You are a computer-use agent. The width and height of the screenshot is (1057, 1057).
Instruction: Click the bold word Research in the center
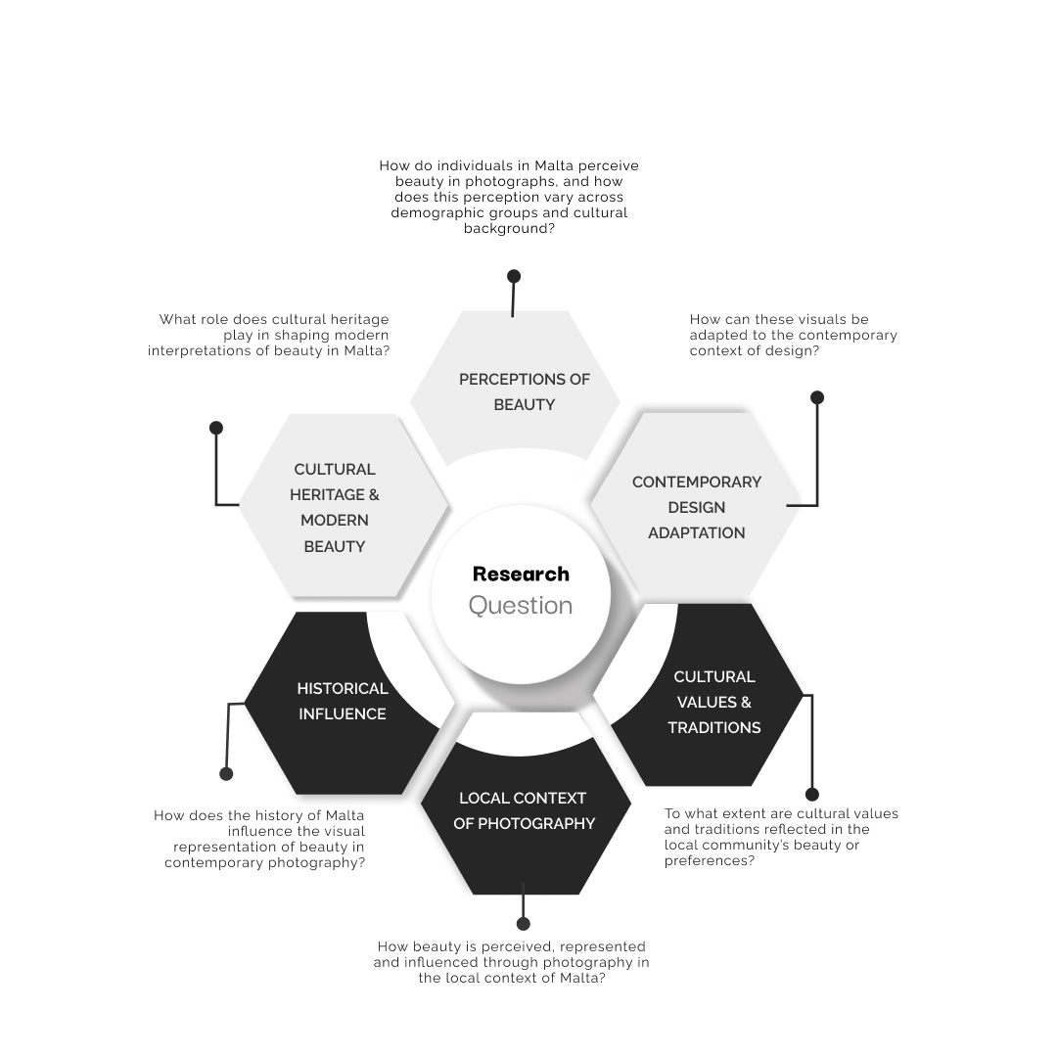521,574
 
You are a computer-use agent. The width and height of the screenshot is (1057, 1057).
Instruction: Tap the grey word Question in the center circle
521,606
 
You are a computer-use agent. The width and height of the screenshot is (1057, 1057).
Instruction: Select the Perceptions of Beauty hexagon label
525,391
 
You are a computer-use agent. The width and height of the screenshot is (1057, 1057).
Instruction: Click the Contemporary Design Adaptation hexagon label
697,507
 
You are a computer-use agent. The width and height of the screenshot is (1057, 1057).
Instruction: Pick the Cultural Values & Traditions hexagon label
714,702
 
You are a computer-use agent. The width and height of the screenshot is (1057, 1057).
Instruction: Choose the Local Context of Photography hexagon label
524,810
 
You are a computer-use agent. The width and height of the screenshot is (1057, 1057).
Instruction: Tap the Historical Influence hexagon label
343,701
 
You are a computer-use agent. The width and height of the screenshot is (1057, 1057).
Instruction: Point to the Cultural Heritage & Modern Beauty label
335,507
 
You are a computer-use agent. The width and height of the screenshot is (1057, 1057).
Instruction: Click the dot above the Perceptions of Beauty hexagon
514,277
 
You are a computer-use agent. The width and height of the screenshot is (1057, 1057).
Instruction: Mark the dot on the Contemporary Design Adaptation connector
817,397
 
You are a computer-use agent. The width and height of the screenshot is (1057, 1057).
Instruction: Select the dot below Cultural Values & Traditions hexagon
811,795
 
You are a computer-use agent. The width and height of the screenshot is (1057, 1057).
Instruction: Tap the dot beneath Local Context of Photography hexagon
524,924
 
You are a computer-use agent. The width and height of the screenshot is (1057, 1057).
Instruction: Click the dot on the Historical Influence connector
227,774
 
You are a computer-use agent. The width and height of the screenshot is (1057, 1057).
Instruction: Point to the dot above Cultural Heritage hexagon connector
216,428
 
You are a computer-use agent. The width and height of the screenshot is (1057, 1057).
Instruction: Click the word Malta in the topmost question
555,166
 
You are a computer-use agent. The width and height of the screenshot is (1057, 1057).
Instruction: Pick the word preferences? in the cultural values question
710,861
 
